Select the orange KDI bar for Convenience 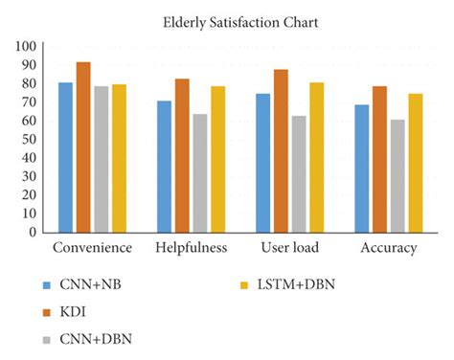tap(83, 147)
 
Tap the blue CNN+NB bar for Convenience tap(65, 157)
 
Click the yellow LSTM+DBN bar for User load tap(316, 157)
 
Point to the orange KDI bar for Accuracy tap(379, 159)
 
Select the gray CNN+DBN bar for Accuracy tap(397, 176)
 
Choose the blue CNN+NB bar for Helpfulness tap(164, 167)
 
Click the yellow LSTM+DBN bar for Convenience tap(119, 158)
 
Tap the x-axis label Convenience tap(92, 248)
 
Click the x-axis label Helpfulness tap(191, 248)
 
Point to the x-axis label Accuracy tap(388, 248)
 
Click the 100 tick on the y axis tap(26, 46)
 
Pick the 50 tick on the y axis tap(29, 139)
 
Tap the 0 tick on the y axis tap(33, 232)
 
